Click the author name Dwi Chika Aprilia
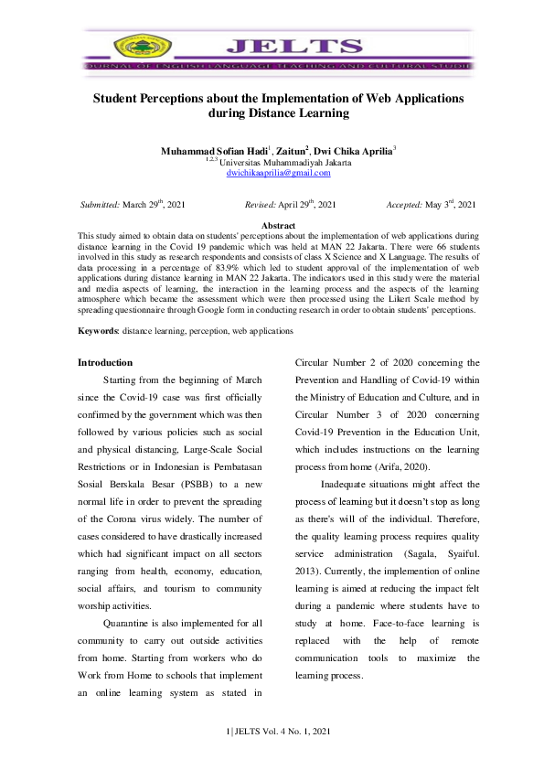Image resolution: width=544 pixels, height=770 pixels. [x=354, y=149]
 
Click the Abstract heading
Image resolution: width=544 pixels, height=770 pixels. [x=278, y=225]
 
